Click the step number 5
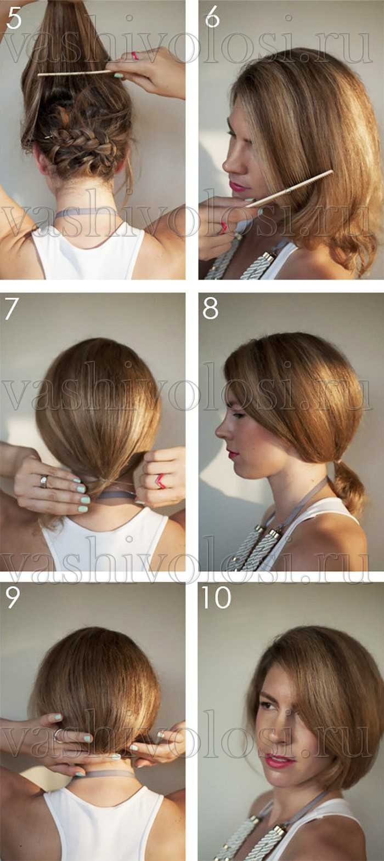[14, 19]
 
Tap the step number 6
[212, 18]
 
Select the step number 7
[12, 309]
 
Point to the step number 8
[210, 309]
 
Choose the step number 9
[12, 598]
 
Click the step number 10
[216, 598]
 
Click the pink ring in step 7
[160, 481]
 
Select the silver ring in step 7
[44, 481]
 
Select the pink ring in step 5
[135, 55]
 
